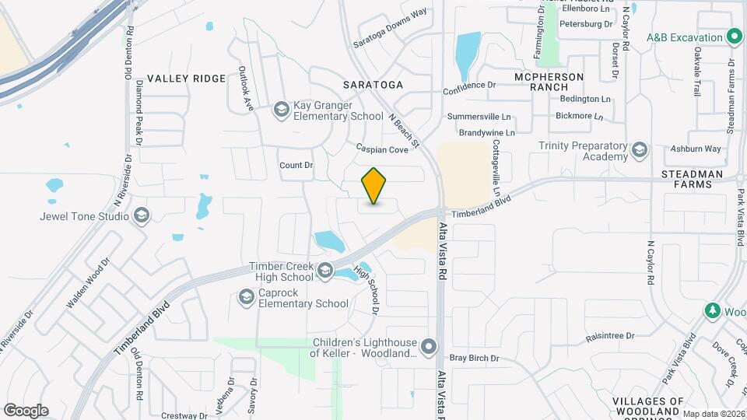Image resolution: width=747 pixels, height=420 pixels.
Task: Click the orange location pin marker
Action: pos(374,185)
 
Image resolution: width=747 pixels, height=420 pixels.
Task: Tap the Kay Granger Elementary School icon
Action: pos(280,110)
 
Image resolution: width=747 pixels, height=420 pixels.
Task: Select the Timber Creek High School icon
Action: pos(325,271)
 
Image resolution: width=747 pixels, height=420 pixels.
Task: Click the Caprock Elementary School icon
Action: pos(246,297)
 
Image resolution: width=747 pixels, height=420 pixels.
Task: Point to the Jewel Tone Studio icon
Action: pos(141,215)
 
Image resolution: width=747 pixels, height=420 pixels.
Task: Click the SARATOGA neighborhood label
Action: pos(373,84)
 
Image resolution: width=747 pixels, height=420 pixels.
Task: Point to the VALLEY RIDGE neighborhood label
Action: pos(186,79)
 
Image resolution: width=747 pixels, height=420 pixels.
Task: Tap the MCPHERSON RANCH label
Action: pos(549,82)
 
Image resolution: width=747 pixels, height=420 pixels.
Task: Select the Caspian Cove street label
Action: pos(382,148)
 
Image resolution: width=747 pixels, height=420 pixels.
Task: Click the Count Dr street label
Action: pos(296,165)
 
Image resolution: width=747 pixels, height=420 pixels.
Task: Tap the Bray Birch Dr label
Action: pos(473,358)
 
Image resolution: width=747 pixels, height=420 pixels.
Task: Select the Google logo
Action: pos(26,410)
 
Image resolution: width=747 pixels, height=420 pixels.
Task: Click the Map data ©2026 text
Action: pos(714,414)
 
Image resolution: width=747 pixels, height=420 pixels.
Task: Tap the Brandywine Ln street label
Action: pos(486,133)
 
